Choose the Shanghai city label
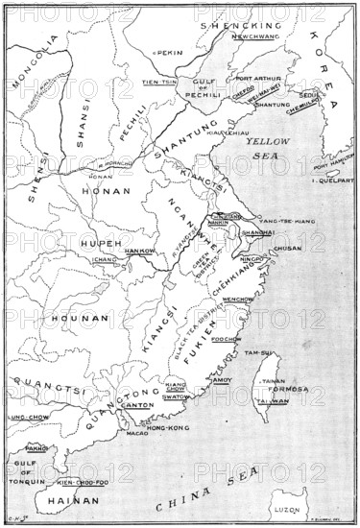click(x=259, y=232)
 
